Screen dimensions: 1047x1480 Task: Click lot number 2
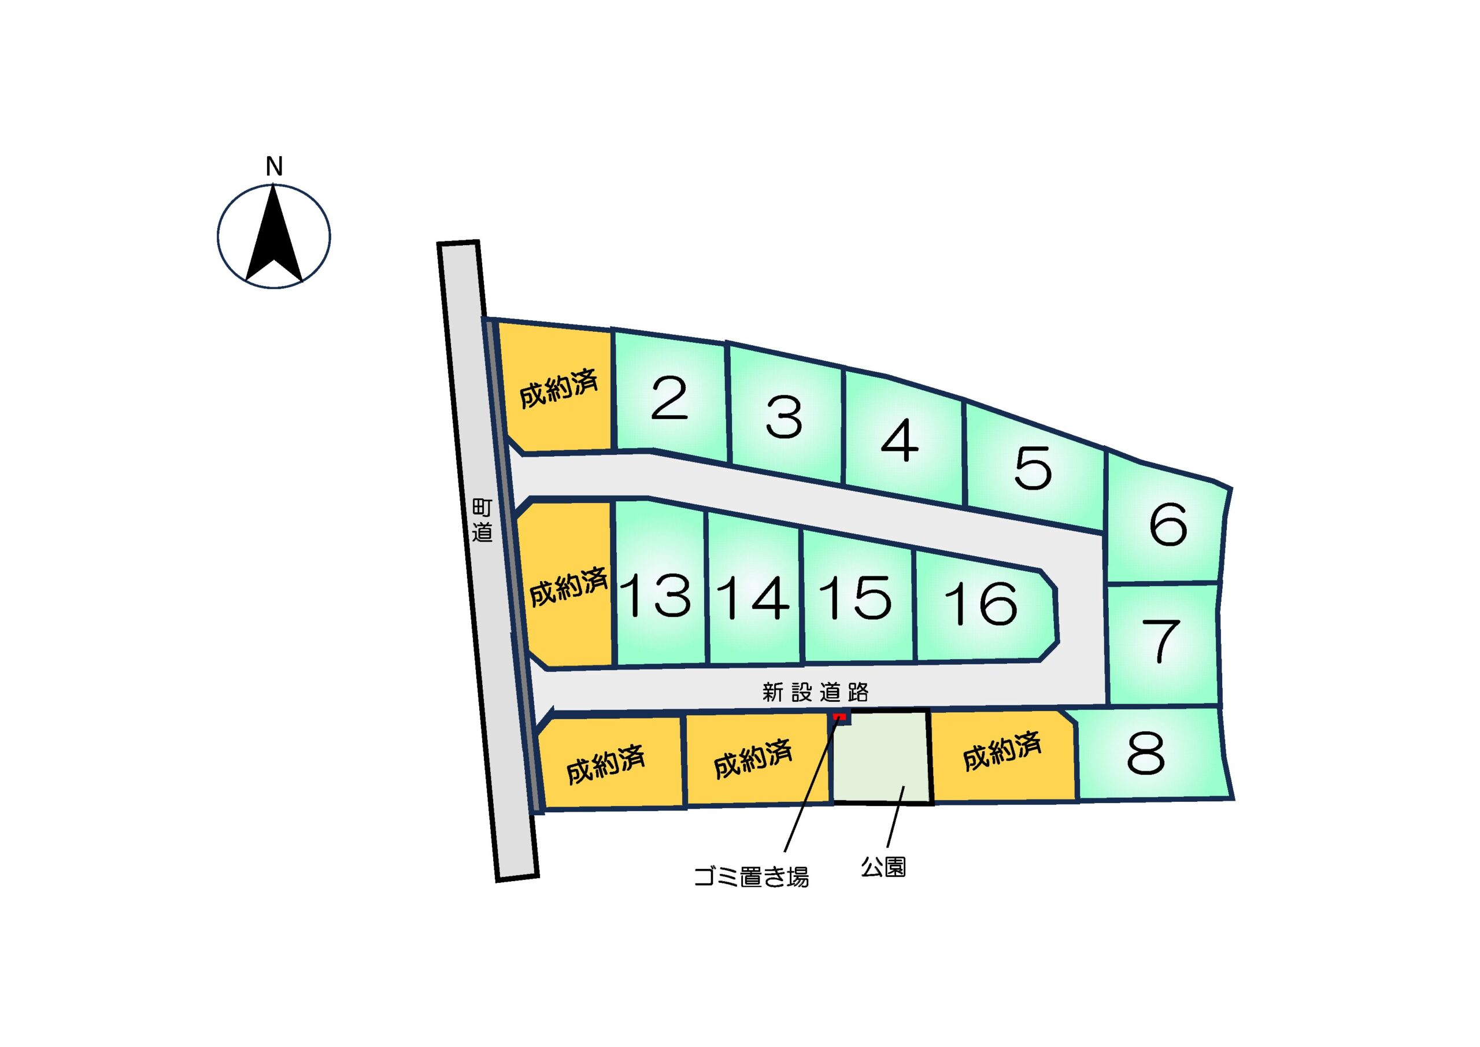pos(668,398)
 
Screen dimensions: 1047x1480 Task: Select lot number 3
pos(784,417)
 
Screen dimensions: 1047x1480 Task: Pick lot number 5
pos(1033,468)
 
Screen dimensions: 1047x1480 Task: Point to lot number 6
pos(1167,524)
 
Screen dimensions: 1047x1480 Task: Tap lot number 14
pos(753,598)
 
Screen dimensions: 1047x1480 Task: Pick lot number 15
pos(856,598)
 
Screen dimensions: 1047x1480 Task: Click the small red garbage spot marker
pos(839,717)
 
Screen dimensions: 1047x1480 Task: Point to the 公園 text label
pos(883,867)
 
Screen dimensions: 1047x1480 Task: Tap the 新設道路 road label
pos(815,693)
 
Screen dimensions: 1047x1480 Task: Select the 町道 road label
pos(482,520)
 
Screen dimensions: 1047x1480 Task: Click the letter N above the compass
pos(274,167)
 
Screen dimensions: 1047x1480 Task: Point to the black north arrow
pos(274,239)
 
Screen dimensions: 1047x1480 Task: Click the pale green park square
pos(882,758)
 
